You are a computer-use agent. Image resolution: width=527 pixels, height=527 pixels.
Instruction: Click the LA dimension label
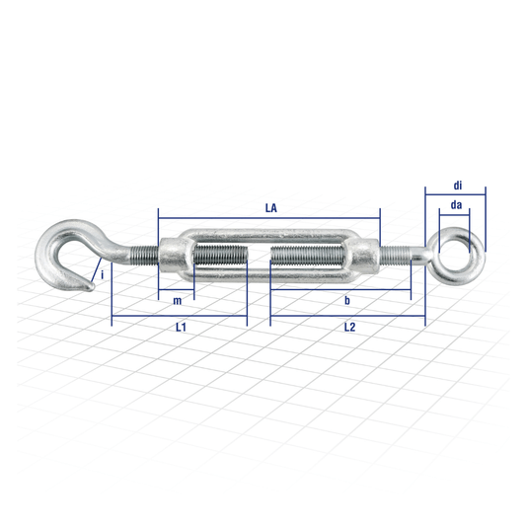[270, 208]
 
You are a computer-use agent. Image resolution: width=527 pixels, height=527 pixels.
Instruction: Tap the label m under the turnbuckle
[177, 301]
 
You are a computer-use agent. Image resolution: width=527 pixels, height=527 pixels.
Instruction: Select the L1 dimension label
[181, 327]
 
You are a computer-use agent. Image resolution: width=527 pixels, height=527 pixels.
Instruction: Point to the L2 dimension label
[349, 327]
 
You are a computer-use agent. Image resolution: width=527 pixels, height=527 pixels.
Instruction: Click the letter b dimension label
[347, 300]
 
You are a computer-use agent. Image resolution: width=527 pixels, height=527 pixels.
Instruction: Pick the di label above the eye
[458, 186]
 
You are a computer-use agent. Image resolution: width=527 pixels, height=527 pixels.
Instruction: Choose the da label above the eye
[456, 204]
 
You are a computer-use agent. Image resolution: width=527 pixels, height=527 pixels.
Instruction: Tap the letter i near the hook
[103, 275]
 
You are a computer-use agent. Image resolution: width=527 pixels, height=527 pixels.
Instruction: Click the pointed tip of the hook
[92, 288]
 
